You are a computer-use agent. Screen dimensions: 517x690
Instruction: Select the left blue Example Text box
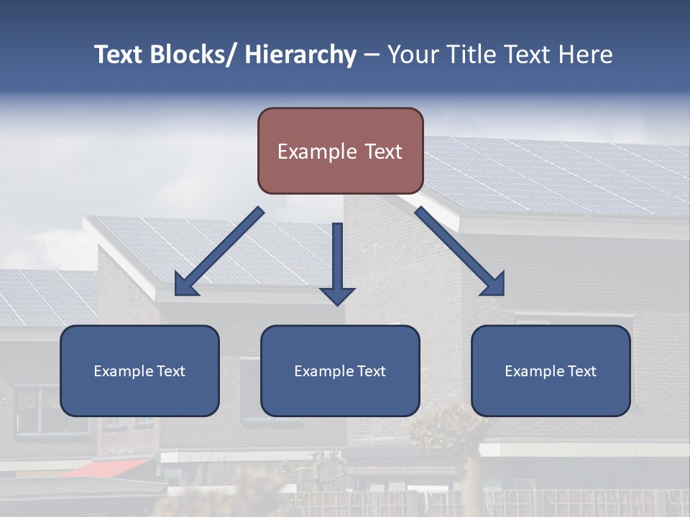tap(139, 371)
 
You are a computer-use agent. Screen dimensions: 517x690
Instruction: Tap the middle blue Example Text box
tap(340, 371)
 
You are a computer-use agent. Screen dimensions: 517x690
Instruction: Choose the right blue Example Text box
tap(551, 371)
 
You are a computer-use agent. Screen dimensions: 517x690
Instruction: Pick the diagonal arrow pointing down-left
tap(219, 251)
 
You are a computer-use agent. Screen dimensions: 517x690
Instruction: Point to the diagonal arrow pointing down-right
tap(460, 251)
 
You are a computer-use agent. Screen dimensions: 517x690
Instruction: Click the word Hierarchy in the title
tap(300, 55)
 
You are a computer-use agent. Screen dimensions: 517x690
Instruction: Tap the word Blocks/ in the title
tap(193, 55)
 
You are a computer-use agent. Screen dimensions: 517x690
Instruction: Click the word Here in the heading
tap(586, 55)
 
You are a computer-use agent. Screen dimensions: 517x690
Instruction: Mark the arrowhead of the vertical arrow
tap(337, 295)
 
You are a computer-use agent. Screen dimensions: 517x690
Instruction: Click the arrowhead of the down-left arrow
tap(185, 285)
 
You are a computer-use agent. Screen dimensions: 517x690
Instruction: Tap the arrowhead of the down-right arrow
tap(494, 284)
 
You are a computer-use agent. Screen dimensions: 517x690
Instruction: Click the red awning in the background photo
tap(108, 467)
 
